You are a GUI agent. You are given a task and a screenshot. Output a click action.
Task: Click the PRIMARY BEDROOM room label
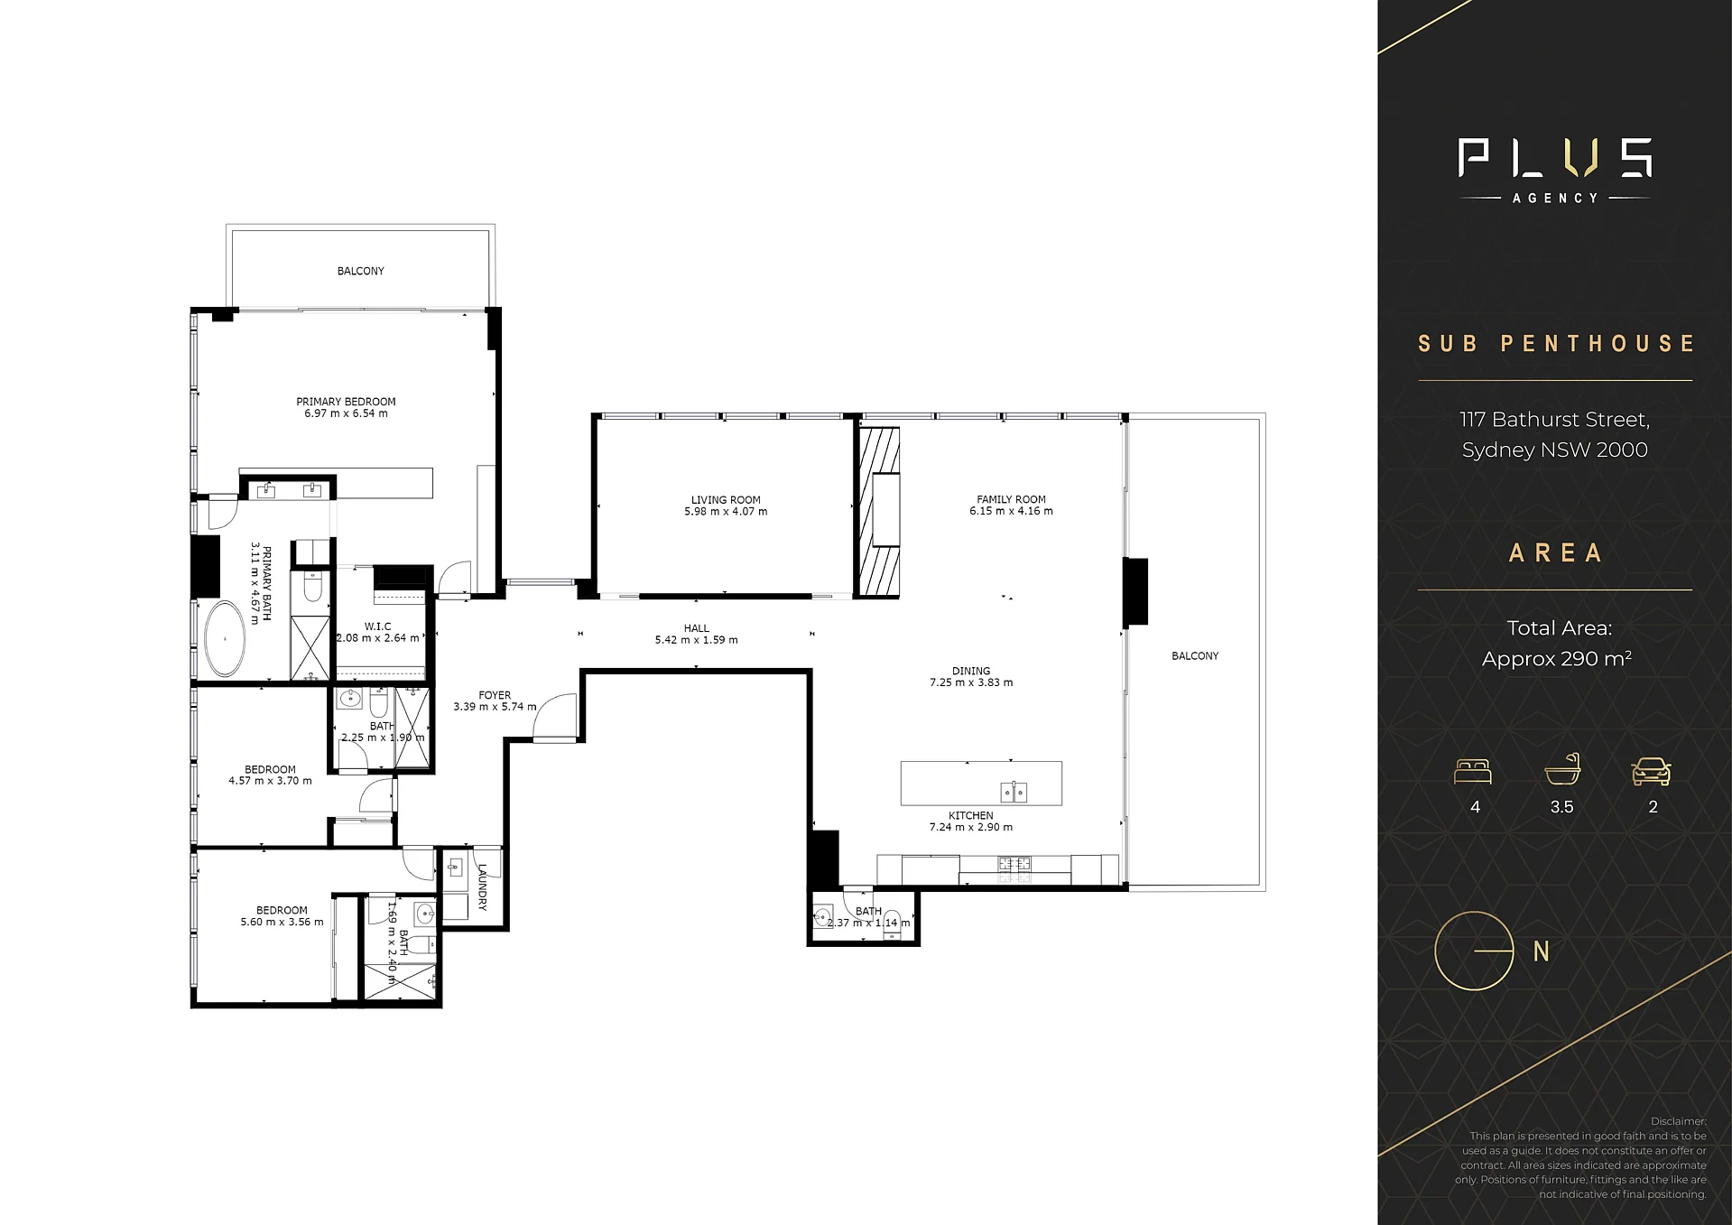(x=346, y=402)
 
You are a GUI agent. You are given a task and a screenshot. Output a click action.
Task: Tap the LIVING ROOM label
(x=726, y=500)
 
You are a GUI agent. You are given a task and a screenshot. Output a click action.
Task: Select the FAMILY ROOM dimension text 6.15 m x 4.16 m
(x=1011, y=511)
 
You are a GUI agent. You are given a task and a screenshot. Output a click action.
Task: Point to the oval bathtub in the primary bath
(x=224, y=638)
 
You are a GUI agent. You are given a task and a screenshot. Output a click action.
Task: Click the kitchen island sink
(x=1014, y=792)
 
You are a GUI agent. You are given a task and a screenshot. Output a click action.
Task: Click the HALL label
(x=696, y=628)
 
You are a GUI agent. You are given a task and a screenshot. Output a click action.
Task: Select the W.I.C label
(x=377, y=626)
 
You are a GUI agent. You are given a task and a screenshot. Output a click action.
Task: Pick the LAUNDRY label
(x=483, y=886)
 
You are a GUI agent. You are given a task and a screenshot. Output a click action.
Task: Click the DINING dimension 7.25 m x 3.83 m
(x=971, y=682)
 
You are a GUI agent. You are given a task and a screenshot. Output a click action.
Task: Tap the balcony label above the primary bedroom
(x=360, y=271)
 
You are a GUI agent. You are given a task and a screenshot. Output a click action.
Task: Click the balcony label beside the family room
(x=1195, y=656)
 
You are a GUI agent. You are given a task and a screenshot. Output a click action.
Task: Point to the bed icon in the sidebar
(x=1473, y=772)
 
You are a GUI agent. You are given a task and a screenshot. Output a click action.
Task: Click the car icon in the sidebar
(x=1652, y=771)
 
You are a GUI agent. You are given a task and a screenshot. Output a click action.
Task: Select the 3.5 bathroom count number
(x=1561, y=807)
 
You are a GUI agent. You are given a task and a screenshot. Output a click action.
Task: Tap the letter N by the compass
(x=1542, y=951)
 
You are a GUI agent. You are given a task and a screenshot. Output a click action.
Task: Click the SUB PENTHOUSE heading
(x=1556, y=344)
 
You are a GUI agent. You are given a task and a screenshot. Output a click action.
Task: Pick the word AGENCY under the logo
(x=1555, y=198)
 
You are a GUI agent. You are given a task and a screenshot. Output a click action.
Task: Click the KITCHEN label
(x=971, y=815)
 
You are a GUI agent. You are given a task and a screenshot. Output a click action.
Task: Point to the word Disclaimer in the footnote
(x=1679, y=1121)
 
